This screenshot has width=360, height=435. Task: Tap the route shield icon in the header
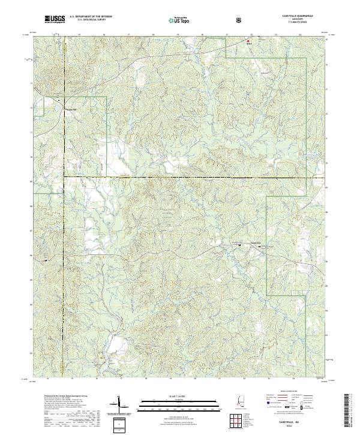(x=239, y=20)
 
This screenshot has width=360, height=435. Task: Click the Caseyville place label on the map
(x=256, y=243)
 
